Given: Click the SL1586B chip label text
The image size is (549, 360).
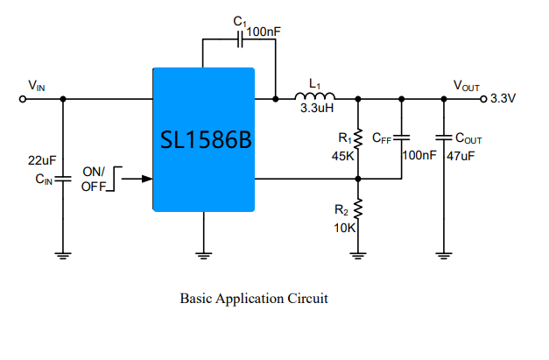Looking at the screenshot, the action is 206,140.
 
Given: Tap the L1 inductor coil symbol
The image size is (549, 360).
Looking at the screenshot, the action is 314,96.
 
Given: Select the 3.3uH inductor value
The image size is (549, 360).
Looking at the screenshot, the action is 317,108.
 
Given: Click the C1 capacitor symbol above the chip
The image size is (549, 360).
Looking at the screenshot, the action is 240,39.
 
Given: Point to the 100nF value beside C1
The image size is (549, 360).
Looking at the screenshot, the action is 264,32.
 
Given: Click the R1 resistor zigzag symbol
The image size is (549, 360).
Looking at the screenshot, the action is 358,139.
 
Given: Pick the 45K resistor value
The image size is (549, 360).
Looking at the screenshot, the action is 342,156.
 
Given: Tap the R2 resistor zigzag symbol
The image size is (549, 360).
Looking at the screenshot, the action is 358,209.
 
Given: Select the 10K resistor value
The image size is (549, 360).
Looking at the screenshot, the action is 344,228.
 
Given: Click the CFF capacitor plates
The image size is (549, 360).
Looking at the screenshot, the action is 402,138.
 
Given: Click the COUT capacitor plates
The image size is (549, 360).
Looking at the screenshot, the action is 444,138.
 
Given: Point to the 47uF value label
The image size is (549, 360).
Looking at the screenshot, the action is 461,156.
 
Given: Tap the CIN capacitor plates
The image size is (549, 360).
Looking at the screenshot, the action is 63,179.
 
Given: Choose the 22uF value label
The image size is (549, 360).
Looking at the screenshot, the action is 42,160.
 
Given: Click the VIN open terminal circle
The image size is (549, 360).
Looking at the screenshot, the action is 23,99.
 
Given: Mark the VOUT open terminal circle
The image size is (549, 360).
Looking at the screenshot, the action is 483,99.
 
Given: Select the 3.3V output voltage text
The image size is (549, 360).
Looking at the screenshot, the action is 503,98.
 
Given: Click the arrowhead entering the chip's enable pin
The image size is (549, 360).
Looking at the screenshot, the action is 147,179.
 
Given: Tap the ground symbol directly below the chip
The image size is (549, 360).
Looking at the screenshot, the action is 204,256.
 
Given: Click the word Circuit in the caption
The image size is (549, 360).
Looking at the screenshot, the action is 307,299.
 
